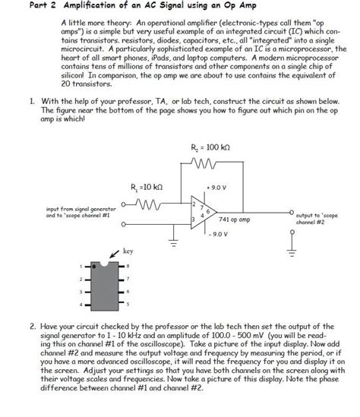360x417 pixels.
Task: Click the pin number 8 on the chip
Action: coord(128,266)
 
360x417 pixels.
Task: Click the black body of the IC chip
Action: coord(103,285)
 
